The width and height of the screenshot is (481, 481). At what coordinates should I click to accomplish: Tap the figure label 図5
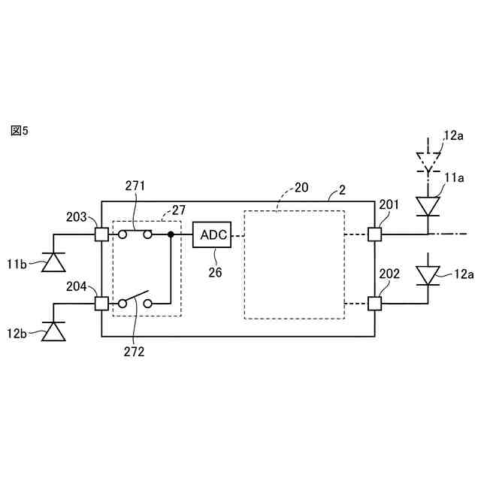coord(19,131)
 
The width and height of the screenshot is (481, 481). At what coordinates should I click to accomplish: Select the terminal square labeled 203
coord(101,234)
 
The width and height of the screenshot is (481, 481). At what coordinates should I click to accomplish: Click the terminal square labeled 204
coord(101,303)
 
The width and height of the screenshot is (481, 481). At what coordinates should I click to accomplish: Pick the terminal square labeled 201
coord(374,234)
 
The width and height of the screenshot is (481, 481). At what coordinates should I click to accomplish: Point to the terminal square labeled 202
coord(374,303)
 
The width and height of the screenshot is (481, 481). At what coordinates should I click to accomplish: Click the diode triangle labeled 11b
coord(53,261)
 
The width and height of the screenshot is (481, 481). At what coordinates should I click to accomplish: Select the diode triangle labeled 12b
coord(53,331)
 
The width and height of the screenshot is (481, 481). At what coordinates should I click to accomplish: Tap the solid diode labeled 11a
coord(428,205)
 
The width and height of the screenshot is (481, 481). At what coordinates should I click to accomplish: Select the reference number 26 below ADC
coord(216,273)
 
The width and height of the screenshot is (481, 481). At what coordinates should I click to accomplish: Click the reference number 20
coord(301,189)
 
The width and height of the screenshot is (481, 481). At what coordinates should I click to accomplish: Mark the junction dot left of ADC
coord(171,234)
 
